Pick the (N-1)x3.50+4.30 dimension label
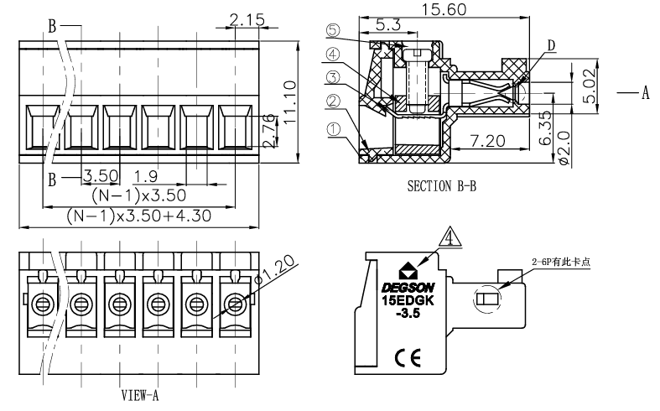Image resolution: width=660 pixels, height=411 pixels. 138,216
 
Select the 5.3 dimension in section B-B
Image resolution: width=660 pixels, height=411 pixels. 387,25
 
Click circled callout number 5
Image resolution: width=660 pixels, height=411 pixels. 333,30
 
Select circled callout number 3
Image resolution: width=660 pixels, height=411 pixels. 333,78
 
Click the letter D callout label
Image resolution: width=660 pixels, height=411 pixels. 550,44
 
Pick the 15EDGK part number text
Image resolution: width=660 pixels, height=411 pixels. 407,300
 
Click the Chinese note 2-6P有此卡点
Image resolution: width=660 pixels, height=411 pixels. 561,261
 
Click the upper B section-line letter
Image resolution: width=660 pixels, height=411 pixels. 53,26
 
